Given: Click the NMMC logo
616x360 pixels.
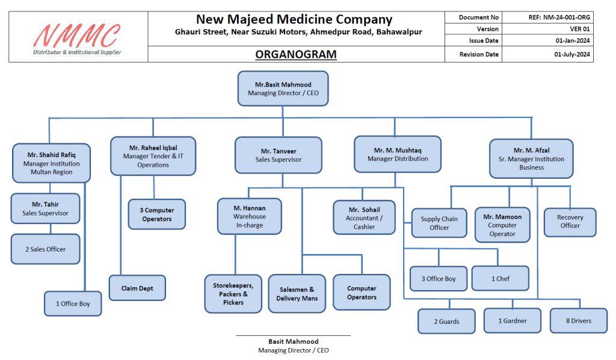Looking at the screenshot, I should [x=78, y=37].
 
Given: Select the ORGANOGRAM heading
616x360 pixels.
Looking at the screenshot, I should [x=295, y=55].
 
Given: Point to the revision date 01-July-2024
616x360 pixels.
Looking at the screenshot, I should [x=572, y=55].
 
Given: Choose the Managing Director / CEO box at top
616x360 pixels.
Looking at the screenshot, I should [x=283, y=89].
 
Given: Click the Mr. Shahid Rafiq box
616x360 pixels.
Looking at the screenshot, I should [x=51, y=163].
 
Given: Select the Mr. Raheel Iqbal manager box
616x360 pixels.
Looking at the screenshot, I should [x=153, y=156].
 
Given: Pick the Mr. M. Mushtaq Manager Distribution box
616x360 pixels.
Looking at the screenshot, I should [x=397, y=155].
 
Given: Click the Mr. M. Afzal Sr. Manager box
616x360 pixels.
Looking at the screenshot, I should [x=531, y=159].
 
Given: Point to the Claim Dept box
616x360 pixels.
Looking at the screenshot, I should [x=137, y=288].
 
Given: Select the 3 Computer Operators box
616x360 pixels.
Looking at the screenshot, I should [x=156, y=215].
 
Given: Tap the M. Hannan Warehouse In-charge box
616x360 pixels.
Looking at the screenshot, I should [x=250, y=217].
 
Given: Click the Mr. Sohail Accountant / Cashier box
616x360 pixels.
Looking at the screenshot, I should [x=365, y=218].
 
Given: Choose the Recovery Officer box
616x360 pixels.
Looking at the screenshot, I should [x=570, y=222].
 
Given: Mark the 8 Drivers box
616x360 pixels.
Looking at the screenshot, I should [x=578, y=321].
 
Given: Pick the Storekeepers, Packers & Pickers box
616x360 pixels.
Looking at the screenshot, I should [x=233, y=294].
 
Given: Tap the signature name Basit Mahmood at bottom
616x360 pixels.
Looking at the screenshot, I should [x=293, y=341].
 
